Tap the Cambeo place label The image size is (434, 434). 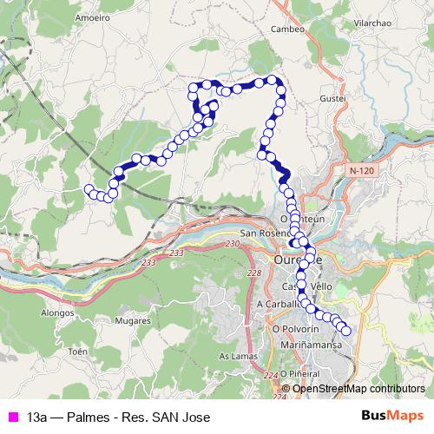pos(287,28)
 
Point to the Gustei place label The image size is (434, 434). pos(334,99)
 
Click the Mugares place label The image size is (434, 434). pos(133,320)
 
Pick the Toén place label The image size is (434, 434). pos(78,352)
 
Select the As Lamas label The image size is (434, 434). pos(236,356)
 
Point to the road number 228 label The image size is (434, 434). pos(253,273)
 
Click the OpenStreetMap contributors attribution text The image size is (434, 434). pos(358,389)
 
